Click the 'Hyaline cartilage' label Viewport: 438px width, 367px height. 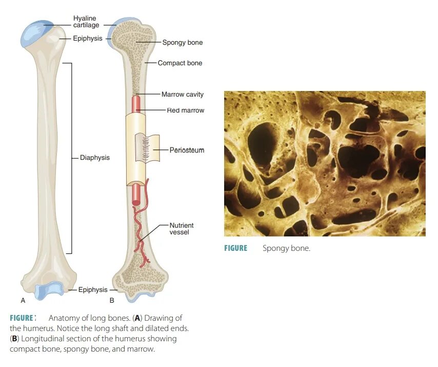86,22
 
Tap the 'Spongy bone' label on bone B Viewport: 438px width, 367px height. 182,43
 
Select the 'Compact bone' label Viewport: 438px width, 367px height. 180,63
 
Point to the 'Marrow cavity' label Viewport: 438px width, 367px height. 182,95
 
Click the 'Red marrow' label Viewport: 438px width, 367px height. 185,110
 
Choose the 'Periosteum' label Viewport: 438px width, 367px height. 187,150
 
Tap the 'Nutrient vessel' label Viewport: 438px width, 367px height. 182,229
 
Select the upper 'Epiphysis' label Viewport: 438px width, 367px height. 87,39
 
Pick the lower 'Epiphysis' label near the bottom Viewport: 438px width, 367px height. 93,290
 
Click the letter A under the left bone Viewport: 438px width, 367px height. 23,300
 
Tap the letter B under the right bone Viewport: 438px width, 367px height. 111,300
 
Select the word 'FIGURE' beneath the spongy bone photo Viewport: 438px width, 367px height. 235,248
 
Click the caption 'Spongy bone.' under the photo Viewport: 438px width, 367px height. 286,248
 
